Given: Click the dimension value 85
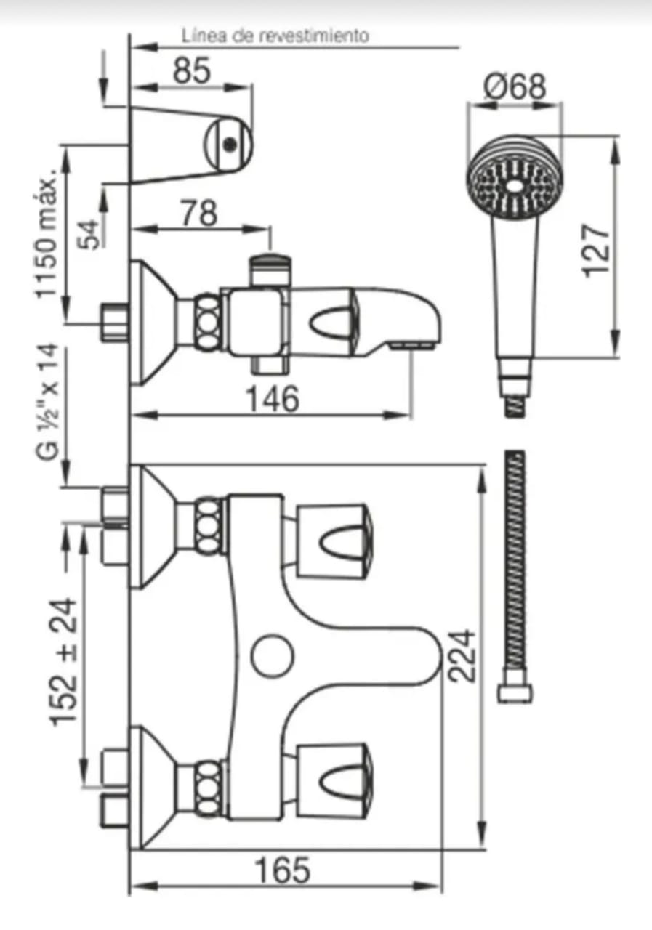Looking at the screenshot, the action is pyautogui.click(x=191, y=70).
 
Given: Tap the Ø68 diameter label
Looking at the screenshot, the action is pyautogui.click(x=515, y=86).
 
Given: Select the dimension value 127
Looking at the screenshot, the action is pyautogui.click(x=596, y=251).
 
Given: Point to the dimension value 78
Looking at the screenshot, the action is pyautogui.click(x=198, y=214).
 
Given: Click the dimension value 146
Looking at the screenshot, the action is pyautogui.click(x=273, y=399).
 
